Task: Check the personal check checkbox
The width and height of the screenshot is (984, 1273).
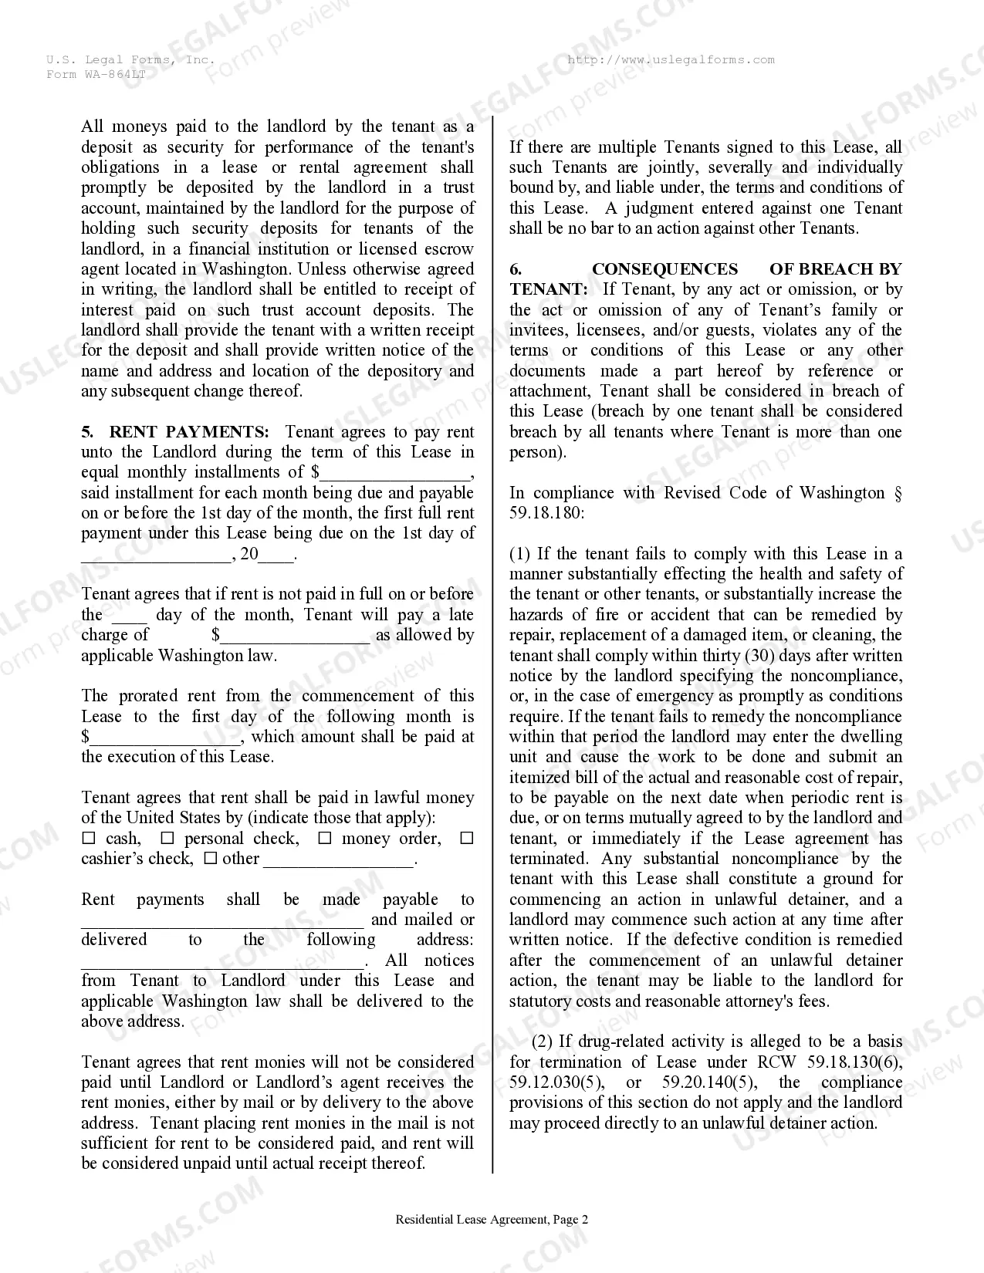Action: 167,839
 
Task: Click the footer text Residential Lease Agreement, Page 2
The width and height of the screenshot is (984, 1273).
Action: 492,1220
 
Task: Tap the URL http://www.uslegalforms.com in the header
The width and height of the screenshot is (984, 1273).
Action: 670,60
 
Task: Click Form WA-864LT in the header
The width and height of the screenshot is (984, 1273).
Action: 96,74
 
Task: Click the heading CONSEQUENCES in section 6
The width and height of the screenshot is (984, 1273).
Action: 664,269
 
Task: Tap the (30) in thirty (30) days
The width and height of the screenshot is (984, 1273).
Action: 759,656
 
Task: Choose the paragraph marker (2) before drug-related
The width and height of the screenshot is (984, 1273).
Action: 543,1042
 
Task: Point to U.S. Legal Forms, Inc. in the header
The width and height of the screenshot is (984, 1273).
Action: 130,60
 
